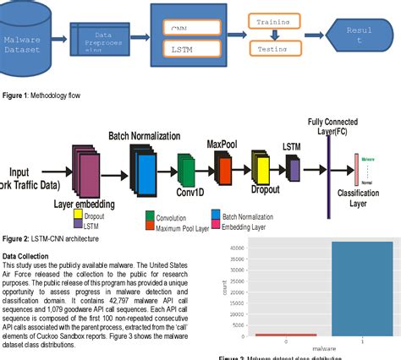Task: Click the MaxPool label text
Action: [222, 145]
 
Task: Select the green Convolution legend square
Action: [150, 216]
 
